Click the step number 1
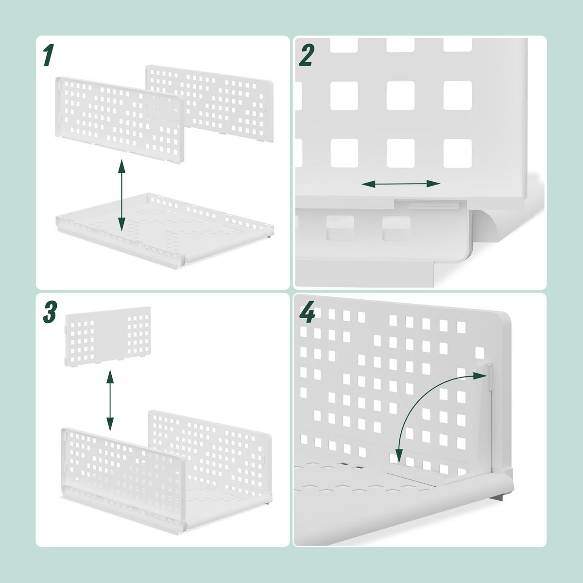point(48,55)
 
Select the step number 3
point(50,312)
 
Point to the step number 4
point(307,313)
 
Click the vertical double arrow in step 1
point(121,197)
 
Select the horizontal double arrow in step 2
point(401,184)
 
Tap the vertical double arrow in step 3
point(110,400)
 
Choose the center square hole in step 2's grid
point(400,95)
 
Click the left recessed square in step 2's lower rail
point(341,227)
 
